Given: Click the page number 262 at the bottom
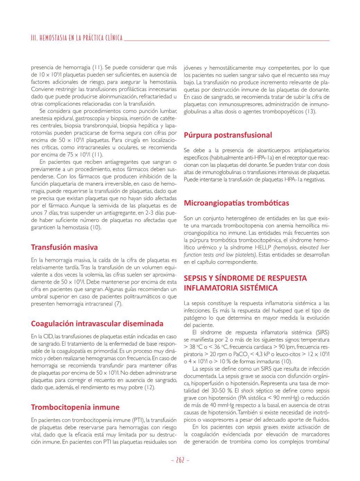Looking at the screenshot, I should click(x=180, y=460).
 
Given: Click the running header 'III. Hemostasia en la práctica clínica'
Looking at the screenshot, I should click(x=77, y=38).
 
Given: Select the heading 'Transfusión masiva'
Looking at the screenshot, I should click(x=64, y=247).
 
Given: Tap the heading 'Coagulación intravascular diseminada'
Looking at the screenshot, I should click(x=97, y=324).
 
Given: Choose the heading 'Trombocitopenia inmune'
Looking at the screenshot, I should click(x=75, y=407).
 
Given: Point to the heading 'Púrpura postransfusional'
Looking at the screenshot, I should click(x=228, y=135).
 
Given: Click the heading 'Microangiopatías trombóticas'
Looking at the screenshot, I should click(x=236, y=203).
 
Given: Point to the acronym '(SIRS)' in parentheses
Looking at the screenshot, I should click(x=322, y=333).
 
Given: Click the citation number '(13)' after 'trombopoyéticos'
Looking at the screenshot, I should click(x=310, y=112).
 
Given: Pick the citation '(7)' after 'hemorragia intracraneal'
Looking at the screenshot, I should click(x=118, y=304).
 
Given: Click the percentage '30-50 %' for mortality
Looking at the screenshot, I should click(x=221, y=391).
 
